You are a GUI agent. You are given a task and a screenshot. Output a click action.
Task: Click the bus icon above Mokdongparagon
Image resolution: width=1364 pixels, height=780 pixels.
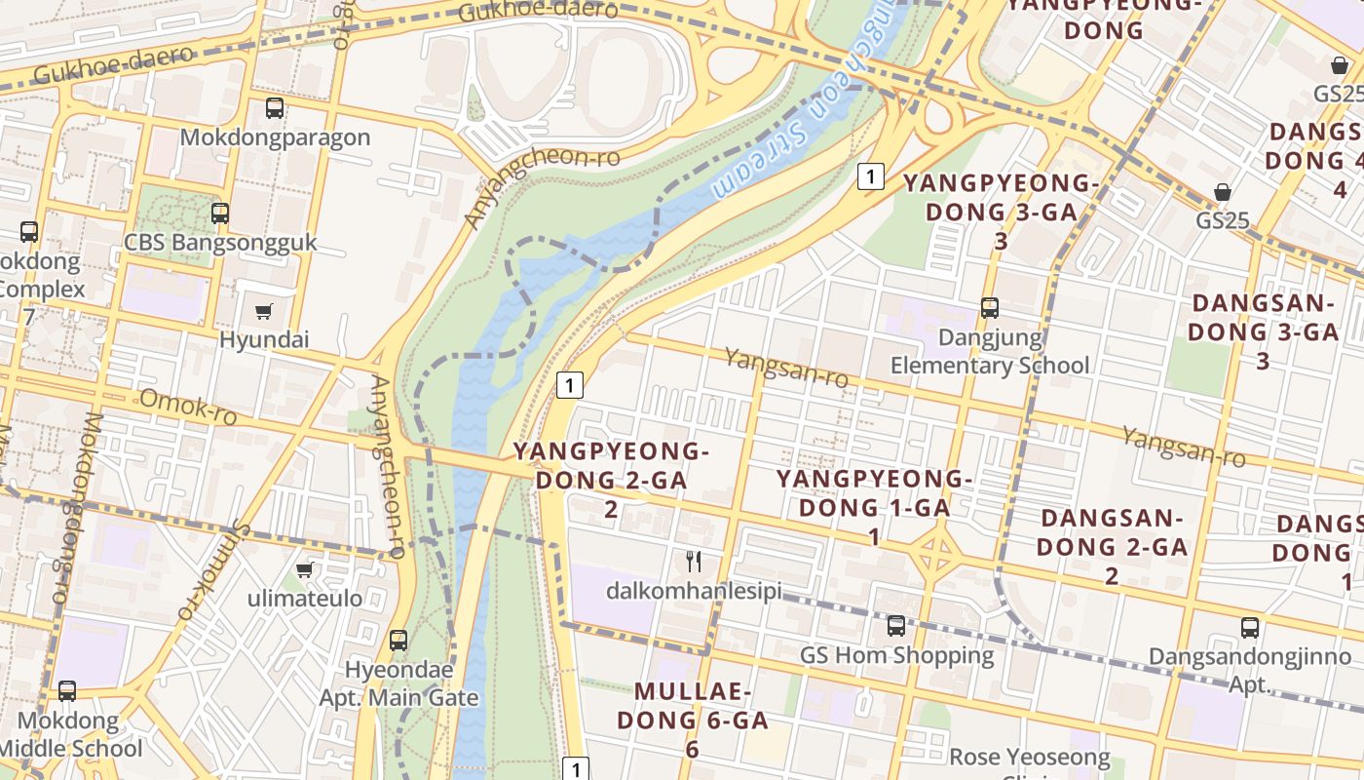[275, 108]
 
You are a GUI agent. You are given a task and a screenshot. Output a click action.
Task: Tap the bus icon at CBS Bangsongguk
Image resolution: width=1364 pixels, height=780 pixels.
[220, 213]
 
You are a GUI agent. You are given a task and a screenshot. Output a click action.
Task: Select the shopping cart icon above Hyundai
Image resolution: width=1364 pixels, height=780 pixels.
[263, 311]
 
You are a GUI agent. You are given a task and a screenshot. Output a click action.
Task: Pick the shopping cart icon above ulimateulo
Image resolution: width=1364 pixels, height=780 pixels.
[305, 569]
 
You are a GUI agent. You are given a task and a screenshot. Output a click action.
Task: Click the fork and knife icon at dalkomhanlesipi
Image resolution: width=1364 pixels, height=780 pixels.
[694, 561]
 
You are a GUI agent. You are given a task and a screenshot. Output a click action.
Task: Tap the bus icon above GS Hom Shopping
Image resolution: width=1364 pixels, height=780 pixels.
[896, 626]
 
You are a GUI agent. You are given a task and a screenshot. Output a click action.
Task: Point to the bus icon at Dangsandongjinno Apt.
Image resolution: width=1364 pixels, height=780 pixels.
[1250, 628]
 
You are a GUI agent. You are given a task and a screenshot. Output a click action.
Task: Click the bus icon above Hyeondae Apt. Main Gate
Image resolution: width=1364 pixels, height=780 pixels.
[398, 641]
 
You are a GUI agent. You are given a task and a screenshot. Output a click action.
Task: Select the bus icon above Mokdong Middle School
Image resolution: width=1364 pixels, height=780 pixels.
[67, 691]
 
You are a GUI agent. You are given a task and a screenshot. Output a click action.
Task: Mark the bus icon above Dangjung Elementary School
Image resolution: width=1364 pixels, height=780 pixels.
[990, 308]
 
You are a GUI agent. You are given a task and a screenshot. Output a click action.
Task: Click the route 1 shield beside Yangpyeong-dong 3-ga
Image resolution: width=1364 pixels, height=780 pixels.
[870, 176]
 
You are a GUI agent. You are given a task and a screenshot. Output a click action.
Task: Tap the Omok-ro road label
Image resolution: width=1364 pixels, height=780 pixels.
[188, 407]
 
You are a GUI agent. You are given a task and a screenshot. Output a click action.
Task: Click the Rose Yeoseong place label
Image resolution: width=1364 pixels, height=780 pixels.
[1030, 757]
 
